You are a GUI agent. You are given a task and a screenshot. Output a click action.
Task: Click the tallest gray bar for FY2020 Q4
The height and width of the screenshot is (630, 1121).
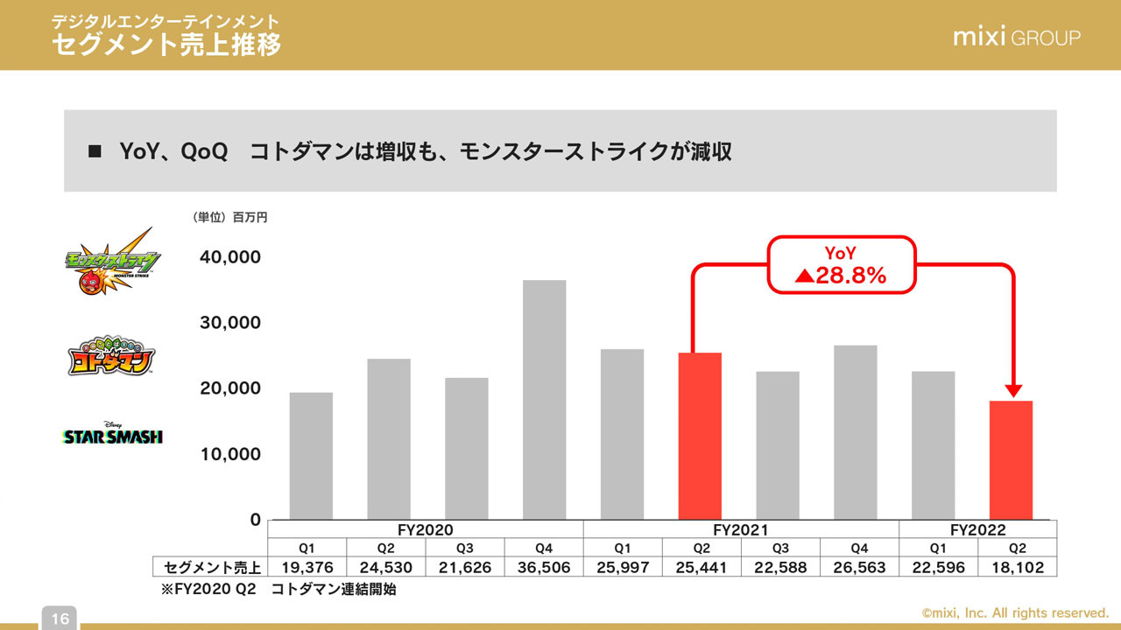pos(544,399)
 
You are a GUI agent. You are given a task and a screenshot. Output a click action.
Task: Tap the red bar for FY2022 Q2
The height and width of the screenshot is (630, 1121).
pos(1011,459)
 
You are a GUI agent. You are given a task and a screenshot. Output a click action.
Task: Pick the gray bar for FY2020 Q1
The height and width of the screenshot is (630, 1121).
pos(311,455)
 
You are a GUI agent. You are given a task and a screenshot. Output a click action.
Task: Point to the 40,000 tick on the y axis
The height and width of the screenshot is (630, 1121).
pos(231,257)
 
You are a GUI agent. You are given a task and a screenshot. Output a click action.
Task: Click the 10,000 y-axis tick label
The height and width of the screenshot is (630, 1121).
pos(231,454)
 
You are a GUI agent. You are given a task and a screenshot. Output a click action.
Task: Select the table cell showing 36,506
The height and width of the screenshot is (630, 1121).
pos(544,567)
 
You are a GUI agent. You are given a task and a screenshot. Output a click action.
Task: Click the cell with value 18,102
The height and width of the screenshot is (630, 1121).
pos(1017,567)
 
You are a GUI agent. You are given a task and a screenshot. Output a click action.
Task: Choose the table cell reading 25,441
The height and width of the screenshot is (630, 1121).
pos(701,567)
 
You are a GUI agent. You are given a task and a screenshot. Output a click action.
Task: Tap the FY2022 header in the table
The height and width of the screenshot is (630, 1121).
pos(977,529)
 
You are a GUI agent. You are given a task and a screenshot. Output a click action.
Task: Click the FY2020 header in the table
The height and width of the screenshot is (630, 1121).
pos(427,529)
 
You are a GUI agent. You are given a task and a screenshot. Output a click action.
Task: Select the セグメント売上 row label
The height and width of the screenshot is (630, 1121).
pos(210,567)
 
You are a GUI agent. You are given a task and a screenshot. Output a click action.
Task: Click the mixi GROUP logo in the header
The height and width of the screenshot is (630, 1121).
pos(1016,38)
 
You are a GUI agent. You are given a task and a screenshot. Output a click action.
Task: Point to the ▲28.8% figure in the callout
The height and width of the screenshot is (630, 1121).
pos(841,276)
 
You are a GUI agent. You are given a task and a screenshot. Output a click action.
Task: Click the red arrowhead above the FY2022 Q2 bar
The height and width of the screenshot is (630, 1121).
pos(1014,390)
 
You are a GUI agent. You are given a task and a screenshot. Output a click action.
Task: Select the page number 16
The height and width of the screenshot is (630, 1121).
pos(60,619)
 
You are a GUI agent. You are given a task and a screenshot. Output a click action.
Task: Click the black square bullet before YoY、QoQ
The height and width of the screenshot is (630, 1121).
pos(95,151)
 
